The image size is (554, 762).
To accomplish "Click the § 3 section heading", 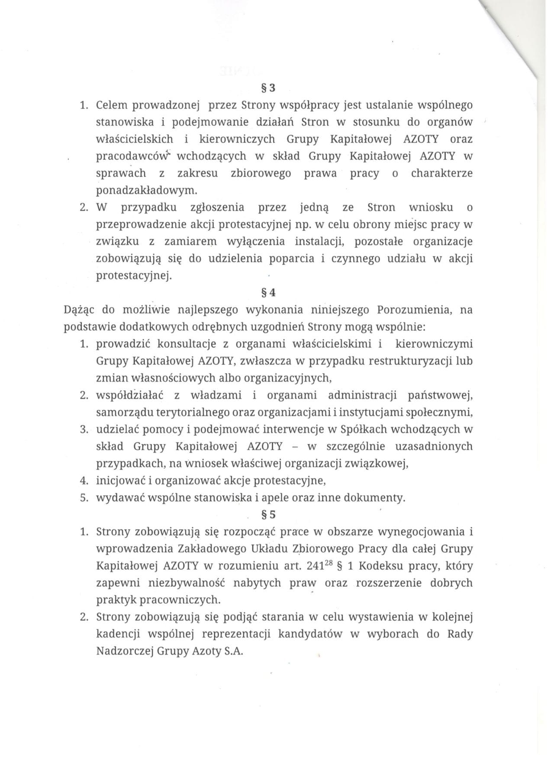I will (x=269, y=88).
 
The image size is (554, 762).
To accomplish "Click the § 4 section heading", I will (x=269, y=293).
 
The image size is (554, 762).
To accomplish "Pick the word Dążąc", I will (x=79, y=310).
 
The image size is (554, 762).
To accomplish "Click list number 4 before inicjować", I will (x=84, y=481).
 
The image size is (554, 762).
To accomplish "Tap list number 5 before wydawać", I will (x=84, y=498).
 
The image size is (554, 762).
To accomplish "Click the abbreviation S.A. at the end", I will (x=234, y=651).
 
